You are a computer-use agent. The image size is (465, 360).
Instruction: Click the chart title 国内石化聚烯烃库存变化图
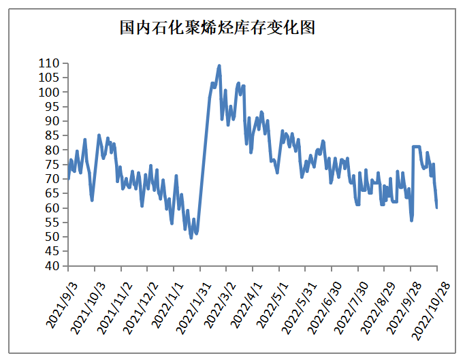pos(217,28)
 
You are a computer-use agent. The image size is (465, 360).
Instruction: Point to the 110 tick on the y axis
pos(50,63)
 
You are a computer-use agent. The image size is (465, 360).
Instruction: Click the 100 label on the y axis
pos(50,92)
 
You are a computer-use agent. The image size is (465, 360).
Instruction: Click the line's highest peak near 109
pos(219,66)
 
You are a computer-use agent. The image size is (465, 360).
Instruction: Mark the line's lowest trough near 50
pos(191,238)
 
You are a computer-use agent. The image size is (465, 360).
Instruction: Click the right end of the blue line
pos(436,207)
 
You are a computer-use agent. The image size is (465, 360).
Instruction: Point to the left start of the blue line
pos(68,178)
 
